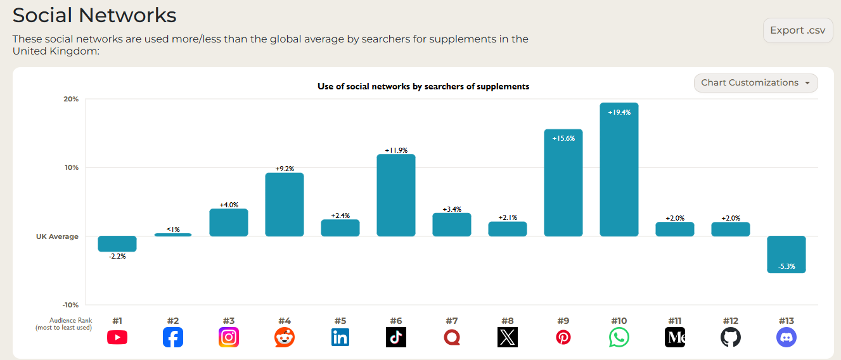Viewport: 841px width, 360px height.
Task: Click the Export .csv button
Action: tap(797, 30)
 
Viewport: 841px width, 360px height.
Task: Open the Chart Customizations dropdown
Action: tap(755, 83)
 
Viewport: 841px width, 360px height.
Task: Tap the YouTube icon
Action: tap(117, 338)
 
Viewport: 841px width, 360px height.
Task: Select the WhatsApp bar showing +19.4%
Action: tap(619, 170)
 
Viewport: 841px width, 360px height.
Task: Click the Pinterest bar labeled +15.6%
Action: tap(563, 183)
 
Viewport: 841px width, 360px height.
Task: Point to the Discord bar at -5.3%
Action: tap(786, 254)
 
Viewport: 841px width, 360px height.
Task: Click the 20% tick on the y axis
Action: tap(71, 100)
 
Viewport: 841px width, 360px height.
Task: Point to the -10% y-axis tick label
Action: tap(70, 305)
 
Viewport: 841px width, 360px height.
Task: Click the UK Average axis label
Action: tap(57, 236)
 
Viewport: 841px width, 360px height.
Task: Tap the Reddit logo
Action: tap(285, 338)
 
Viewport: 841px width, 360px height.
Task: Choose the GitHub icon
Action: tap(730, 338)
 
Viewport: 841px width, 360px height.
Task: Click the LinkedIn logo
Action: tap(340, 338)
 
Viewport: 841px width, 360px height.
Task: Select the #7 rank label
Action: tap(451, 321)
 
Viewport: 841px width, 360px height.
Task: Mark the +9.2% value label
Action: tap(285, 169)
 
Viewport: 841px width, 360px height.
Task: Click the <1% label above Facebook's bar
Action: tap(173, 229)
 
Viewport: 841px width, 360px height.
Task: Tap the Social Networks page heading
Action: tap(94, 15)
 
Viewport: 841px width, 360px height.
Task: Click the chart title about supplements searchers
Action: tap(423, 86)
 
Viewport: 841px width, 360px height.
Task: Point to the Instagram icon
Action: tap(229, 338)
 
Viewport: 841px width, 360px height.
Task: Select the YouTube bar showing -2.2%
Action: tap(117, 244)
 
